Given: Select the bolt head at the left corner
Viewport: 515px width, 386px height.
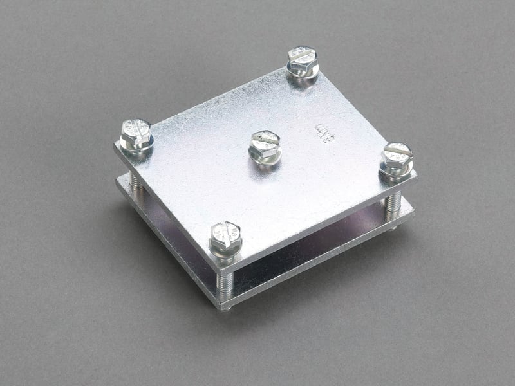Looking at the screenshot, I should (135, 131).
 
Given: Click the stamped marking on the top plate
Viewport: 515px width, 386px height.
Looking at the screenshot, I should (326, 133).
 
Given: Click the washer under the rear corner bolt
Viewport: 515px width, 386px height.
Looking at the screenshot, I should (303, 71).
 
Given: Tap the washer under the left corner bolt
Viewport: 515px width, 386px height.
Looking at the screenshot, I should (136, 146).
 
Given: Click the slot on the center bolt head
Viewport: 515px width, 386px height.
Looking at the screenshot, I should (263, 138).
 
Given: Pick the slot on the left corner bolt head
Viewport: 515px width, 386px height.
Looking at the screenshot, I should (135, 127).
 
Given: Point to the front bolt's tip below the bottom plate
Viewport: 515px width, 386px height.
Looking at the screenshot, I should (225, 307).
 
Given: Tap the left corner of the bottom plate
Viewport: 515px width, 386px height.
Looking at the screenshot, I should (117, 181).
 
